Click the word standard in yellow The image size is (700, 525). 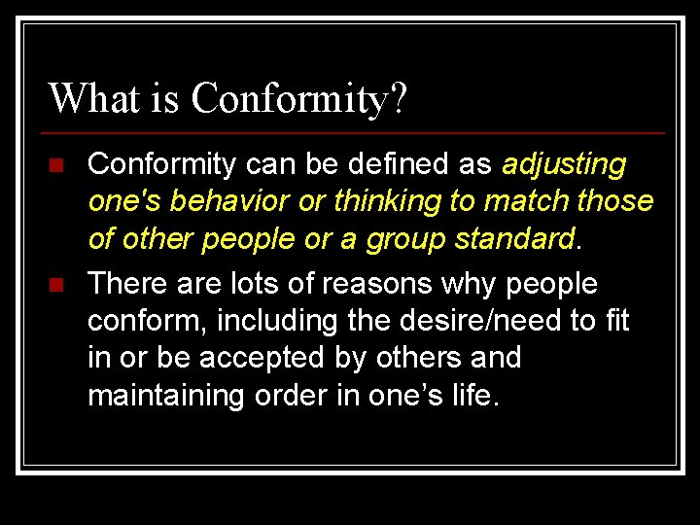[520, 238]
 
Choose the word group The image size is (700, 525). [404, 238]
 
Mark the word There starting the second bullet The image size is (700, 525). [125, 285]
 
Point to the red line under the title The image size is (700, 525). [356, 132]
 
